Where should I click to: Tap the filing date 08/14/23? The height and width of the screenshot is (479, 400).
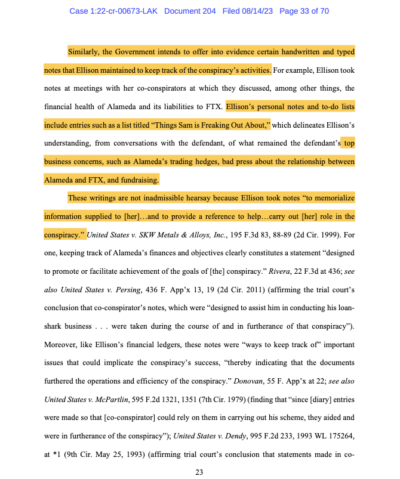[x=263, y=11]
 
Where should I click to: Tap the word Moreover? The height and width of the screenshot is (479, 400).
[x=64, y=344]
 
